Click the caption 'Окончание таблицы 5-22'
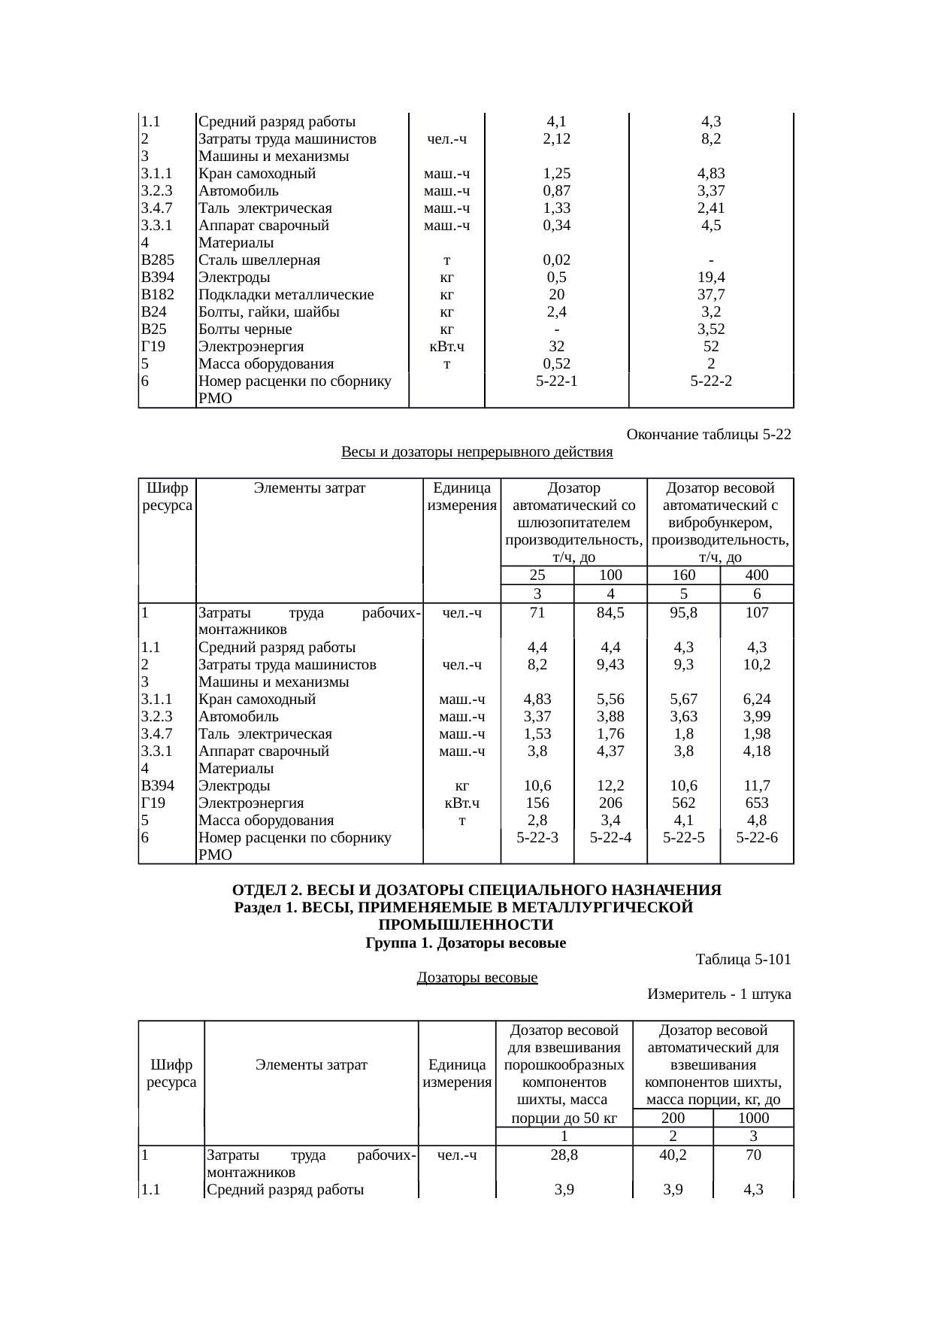708,435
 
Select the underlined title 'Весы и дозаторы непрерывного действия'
477,452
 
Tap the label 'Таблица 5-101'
743,960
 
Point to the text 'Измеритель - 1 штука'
719,994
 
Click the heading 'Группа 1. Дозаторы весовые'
465,942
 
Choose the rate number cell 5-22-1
556,381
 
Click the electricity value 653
757,803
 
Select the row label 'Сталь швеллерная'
259,260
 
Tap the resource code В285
158,260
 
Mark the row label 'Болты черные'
245,329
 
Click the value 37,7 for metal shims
711,295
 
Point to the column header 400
757,575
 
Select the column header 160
683,575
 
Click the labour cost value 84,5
610,613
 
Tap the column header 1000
753,1118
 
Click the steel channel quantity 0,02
556,260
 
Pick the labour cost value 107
757,613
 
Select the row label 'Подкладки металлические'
286,295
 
